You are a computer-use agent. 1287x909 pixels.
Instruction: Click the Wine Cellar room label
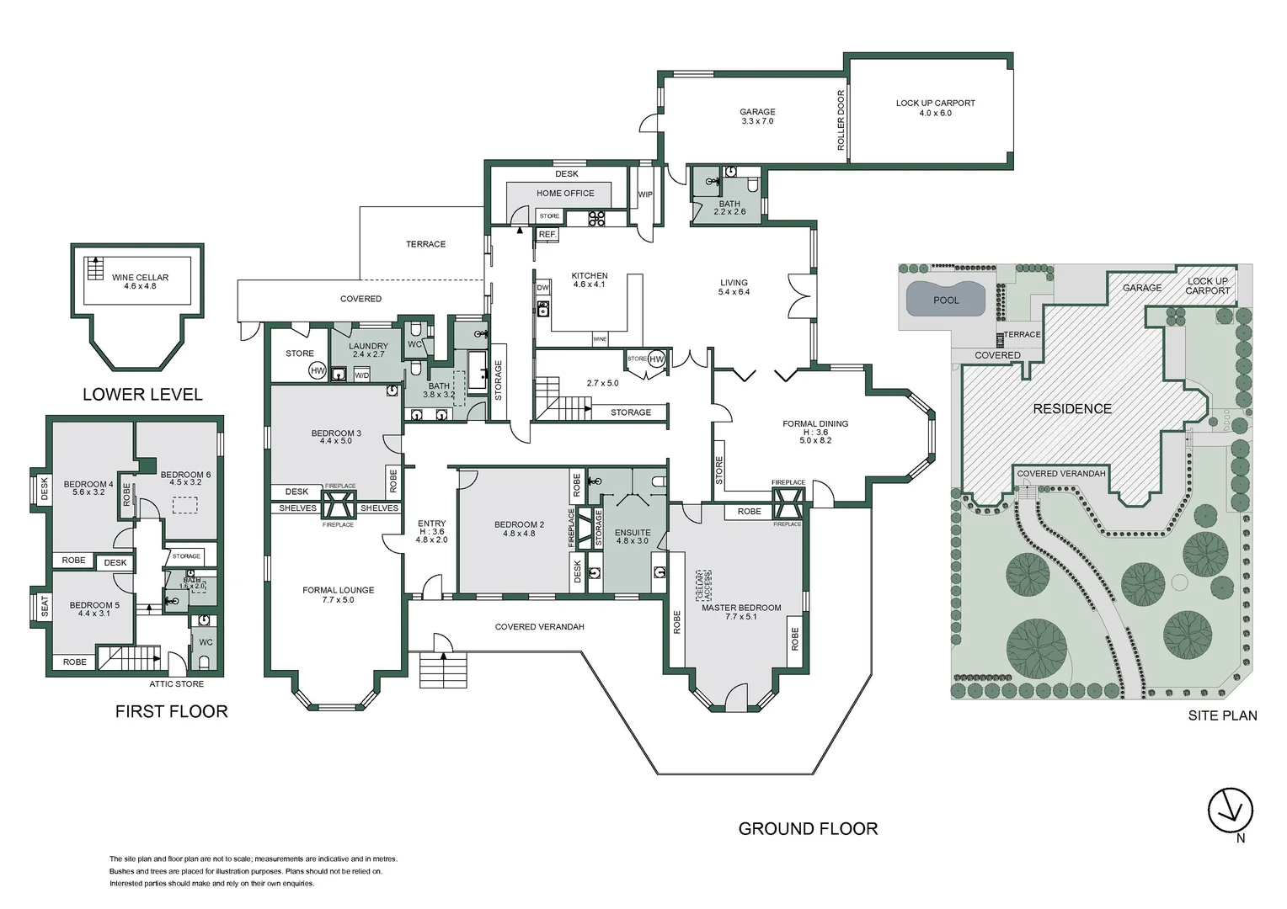click(140, 277)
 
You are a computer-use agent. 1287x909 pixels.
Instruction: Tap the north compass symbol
click(1230, 811)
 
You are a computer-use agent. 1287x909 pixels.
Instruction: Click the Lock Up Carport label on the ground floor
click(935, 104)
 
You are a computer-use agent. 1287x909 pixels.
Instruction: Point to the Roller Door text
click(841, 120)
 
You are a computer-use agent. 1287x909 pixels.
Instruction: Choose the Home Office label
click(565, 194)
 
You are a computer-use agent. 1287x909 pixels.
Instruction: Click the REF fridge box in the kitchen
click(547, 234)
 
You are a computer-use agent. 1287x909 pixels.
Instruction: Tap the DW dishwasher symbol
click(542, 288)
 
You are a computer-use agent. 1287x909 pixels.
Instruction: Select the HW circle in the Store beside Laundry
click(318, 370)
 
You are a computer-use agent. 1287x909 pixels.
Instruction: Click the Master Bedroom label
click(740, 608)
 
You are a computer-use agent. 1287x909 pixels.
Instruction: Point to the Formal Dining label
click(814, 424)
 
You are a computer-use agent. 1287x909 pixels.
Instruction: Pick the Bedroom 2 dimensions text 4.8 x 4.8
click(519, 534)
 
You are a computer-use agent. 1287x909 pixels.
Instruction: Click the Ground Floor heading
click(807, 829)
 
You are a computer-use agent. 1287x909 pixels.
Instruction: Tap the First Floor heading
click(171, 712)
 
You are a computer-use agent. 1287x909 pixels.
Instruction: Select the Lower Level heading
click(142, 395)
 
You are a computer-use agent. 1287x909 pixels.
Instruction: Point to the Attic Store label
click(176, 684)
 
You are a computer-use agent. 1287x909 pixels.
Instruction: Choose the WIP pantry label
click(645, 195)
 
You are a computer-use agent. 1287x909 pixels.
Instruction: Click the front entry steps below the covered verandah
click(443, 670)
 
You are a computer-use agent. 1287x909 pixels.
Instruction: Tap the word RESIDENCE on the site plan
click(1071, 409)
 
